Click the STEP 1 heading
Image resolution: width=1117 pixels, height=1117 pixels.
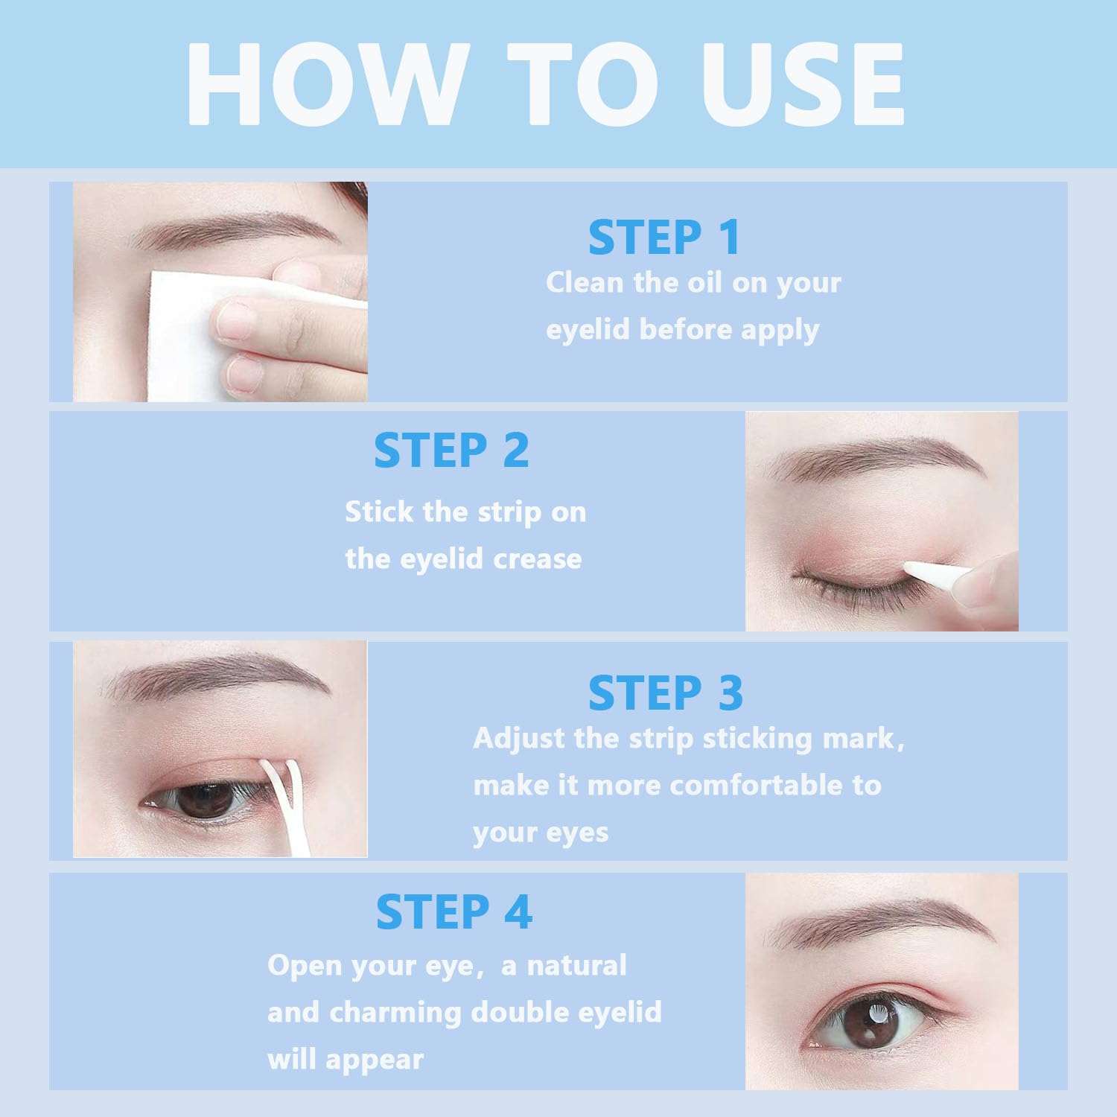click(x=664, y=238)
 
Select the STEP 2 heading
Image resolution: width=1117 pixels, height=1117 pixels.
click(x=451, y=451)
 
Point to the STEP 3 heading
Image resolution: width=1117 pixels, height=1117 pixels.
click(x=665, y=693)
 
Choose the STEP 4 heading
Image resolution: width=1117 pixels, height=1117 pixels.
click(x=454, y=912)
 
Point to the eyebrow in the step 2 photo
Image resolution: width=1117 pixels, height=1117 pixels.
click(x=879, y=454)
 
